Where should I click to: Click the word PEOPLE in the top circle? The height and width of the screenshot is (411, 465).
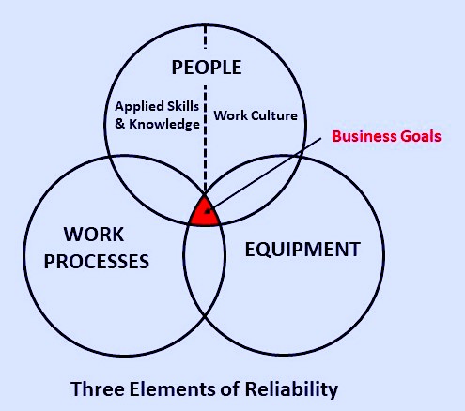coord(207,68)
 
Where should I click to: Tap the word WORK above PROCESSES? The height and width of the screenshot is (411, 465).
coord(94,235)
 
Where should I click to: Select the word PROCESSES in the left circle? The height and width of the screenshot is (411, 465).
coord(97,262)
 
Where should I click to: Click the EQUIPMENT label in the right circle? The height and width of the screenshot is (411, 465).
coord(302,250)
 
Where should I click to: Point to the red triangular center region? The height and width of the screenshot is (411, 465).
coord(204,213)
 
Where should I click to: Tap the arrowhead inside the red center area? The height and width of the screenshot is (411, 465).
coord(208,211)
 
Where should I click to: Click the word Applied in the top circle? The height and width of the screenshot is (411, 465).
coord(139,107)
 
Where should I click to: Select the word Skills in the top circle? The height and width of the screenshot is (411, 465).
coord(183,106)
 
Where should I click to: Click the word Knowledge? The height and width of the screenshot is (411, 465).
coord(164,125)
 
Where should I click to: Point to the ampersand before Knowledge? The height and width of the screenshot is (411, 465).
coord(120,124)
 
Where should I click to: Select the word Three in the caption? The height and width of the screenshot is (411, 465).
coord(98,389)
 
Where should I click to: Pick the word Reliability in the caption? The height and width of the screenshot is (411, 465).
coord(291,389)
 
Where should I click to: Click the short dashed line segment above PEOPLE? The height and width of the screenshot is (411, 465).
coord(205,37)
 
